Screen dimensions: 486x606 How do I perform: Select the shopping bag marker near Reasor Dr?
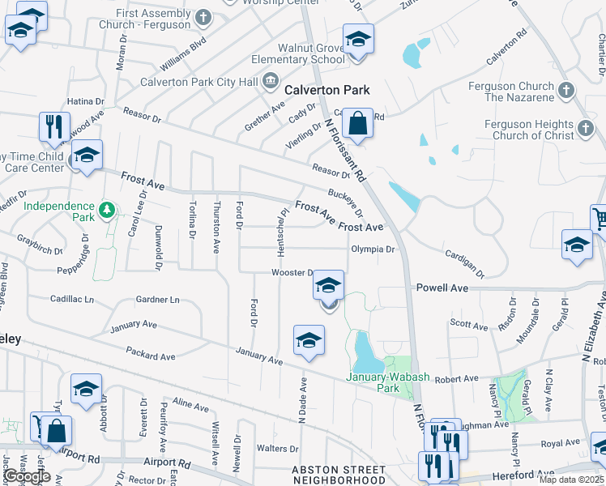point(356,125)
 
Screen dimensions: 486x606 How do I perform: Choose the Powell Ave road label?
point(442,288)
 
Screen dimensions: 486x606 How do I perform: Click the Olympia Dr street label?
point(373,249)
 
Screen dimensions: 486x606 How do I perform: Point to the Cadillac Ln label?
point(72,299)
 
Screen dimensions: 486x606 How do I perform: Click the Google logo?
point(27,476)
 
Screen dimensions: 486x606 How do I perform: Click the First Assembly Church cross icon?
point(203,16)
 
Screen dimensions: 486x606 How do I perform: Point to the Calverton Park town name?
point(332,90)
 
